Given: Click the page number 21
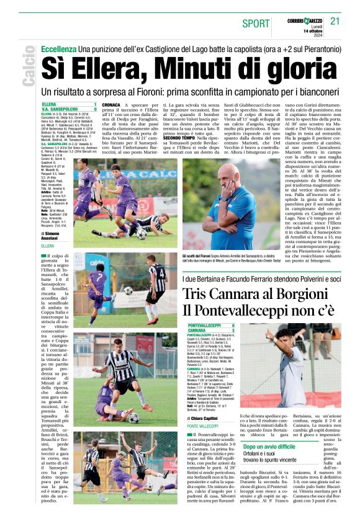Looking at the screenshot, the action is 335,21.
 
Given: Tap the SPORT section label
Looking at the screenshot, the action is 256,24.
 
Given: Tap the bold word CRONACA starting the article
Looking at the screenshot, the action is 112,105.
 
